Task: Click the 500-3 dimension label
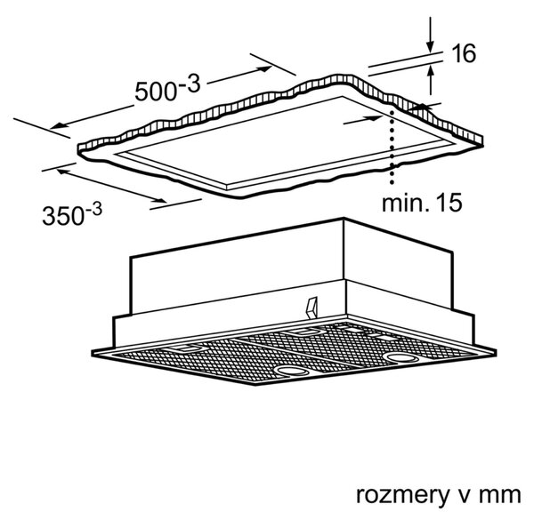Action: [167, 88]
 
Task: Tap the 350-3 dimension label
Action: [72, 213]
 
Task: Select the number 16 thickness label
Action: [463, 53]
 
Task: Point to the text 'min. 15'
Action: [422, 203]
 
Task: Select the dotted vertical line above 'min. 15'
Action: [392, 147]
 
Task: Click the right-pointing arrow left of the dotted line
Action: [363, 120]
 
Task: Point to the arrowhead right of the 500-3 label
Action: [266, 68]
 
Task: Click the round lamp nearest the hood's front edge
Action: [292, 371]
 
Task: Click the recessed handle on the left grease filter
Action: [187, 348]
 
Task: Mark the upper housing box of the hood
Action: [292, 266]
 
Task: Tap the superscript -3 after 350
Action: [93, 208]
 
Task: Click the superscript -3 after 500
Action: [190, 84]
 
